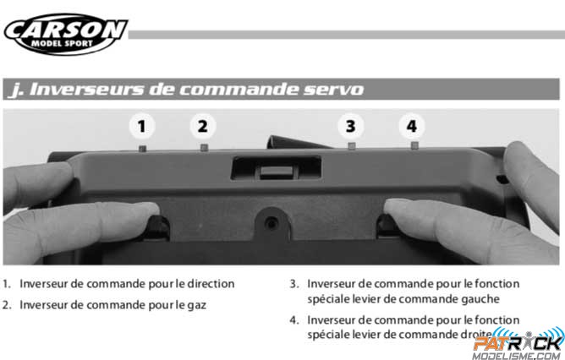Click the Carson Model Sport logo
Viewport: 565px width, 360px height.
pos(66,34)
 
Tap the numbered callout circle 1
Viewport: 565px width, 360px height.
pos(141,127)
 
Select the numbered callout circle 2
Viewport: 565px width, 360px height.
pos(203,127)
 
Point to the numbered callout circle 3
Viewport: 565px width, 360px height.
pos(351,127)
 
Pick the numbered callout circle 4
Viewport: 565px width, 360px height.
pos(412,127)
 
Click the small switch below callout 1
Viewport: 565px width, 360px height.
pos(143,148)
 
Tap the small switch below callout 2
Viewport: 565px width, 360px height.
pos(205,147)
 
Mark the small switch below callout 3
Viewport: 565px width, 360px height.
pos(352,146)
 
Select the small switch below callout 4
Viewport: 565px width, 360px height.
pos(414,145)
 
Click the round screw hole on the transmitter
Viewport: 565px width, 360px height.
pos(272,224)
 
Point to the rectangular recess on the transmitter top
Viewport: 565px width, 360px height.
pos(276,167)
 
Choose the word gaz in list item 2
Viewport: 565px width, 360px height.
pos(197,306)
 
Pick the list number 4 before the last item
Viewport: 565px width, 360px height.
pos(294,320)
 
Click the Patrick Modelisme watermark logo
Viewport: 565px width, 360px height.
pos(518,344)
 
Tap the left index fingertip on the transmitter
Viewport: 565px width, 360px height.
pos(150,210)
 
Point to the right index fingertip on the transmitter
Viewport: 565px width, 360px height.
pos(394,207)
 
